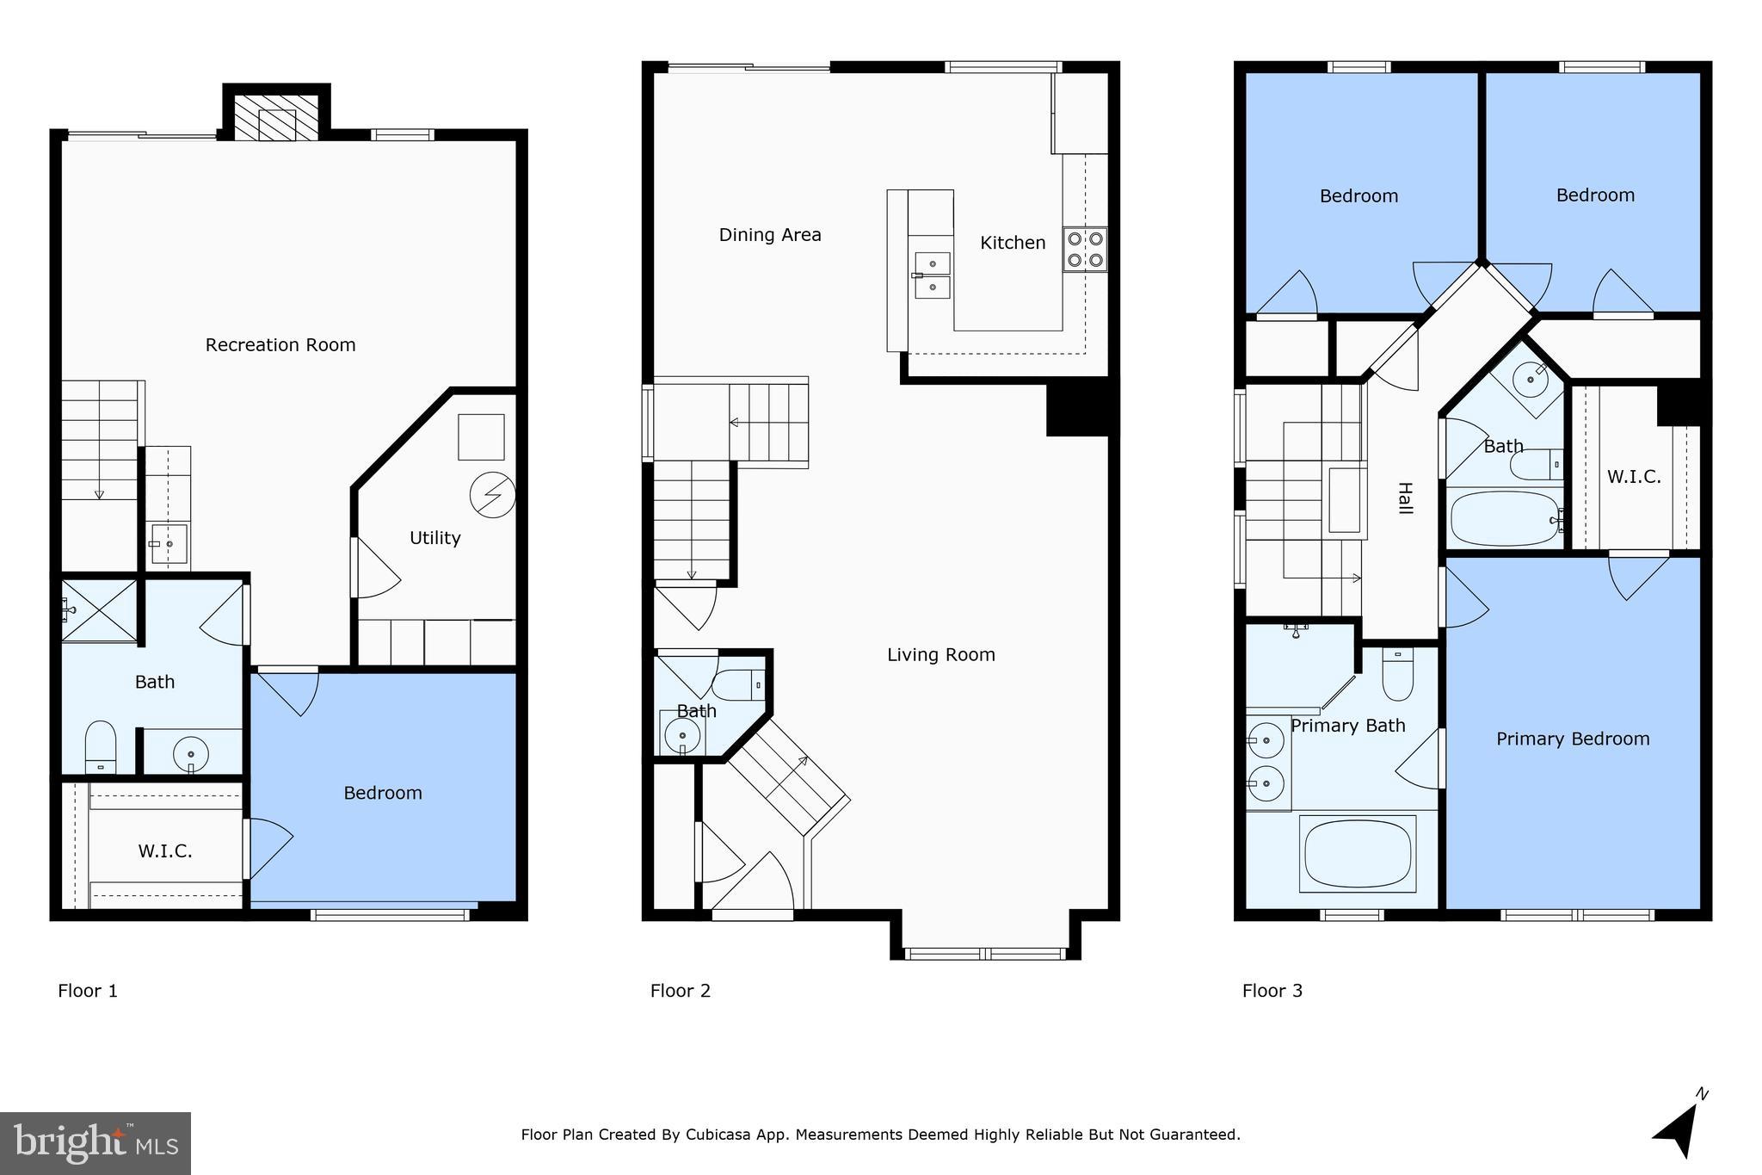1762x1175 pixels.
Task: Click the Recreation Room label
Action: click(x=280, y=345)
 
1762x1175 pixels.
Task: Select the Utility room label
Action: click(x=434, y=538)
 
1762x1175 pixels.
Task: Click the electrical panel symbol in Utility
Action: click(x=492, y=496)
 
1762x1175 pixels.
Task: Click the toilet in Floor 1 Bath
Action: click(x=101, y=747)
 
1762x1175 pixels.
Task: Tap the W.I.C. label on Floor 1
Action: click(x=165, y=851)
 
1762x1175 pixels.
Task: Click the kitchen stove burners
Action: click(x=1084, y=250)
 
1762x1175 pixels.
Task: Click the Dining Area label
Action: click(x=770, y=235)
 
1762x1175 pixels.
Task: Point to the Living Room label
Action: click(x=940, y=655)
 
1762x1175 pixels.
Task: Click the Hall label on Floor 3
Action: click(x=1404, y=498)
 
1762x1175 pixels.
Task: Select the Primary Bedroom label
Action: click(x=1572, y=739)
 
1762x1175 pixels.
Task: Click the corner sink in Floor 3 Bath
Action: click(x=1531, y=379)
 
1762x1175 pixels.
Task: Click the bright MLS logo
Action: click(x=95, y=1143)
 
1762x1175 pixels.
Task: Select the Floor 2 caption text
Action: click(x=680, y=991)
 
